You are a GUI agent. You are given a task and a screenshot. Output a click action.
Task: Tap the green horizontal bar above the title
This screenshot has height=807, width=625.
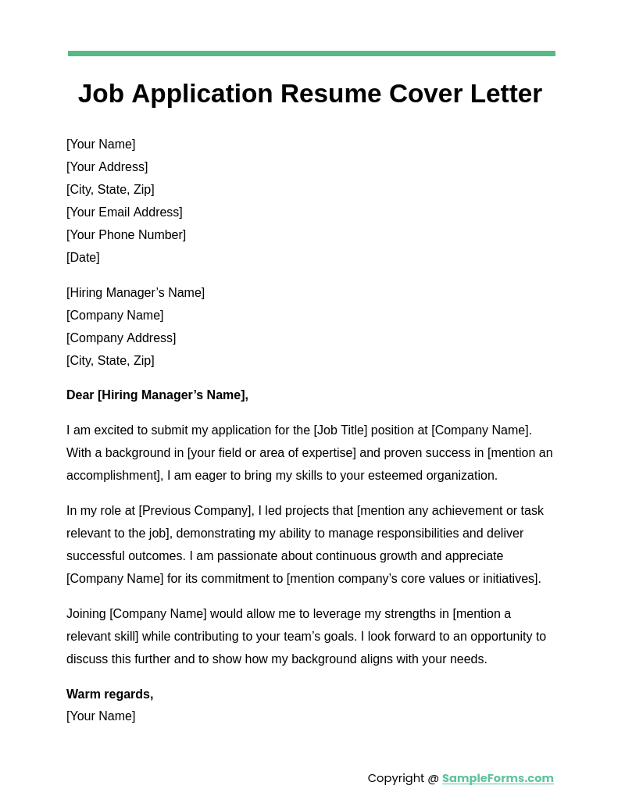point(311,53)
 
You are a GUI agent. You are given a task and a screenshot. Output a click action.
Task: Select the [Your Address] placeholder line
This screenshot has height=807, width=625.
point(107,167)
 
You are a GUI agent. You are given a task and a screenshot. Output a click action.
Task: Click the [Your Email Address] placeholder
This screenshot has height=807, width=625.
point(124,212)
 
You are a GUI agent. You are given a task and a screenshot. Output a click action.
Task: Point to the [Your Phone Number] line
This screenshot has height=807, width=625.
point(126,235)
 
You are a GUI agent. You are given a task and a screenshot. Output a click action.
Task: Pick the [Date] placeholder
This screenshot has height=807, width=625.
point(83,258)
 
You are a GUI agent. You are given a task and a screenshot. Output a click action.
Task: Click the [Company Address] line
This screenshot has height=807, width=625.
point(121,338)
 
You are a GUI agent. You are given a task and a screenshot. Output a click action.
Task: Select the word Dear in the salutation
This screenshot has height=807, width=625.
point(80,395)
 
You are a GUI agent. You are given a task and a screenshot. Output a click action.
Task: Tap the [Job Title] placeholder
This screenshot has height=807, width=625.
point(340,430)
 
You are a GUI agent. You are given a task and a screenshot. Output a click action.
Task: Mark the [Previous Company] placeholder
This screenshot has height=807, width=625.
point(196,511)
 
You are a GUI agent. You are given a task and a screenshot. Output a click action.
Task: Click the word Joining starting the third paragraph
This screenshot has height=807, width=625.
point(86,614)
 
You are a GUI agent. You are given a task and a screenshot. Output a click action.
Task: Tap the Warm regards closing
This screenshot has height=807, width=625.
point(109,695)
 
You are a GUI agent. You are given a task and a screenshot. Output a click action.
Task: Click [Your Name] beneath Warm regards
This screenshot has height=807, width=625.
point(101,716)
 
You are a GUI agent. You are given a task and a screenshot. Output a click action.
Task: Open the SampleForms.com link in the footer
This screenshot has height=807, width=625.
point(498,778)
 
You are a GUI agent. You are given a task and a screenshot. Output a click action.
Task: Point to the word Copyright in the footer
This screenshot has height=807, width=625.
point(396,778)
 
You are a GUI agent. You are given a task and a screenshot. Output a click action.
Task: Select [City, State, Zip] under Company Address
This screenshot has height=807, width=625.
point(110,361)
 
